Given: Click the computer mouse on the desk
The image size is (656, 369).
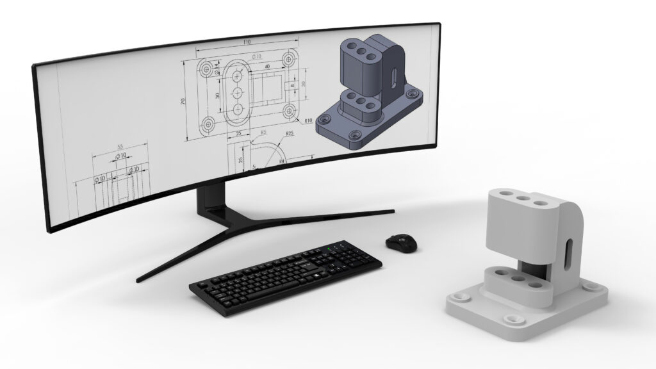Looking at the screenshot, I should [400, 242].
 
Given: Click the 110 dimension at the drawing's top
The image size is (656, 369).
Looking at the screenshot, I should [246, 42].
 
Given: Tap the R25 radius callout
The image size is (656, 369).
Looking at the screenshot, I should [290, 135].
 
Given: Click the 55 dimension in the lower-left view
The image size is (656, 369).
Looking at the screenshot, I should [120, 147].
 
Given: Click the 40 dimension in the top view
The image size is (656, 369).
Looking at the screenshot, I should [266, 66].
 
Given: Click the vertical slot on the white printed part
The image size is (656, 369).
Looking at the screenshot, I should [566, 255].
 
